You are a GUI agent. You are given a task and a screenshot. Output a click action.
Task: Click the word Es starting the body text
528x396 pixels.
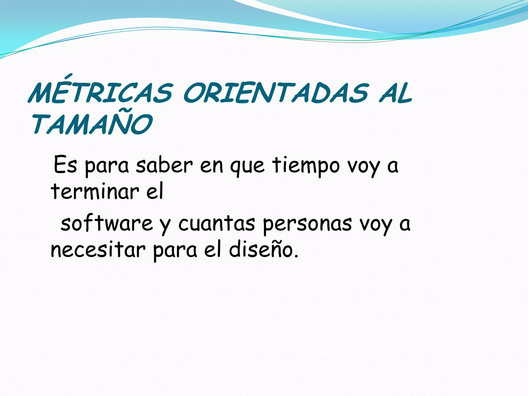pos(65,165)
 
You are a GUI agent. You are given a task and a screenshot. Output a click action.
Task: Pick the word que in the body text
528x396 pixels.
pos(247,166)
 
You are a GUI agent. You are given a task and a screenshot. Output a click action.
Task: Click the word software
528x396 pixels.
pos(107,223)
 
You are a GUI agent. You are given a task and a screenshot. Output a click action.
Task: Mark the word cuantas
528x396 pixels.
pos(217,223)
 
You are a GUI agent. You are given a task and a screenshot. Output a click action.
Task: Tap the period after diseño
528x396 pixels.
pos(296,256)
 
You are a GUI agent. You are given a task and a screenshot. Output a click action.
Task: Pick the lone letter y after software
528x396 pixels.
pos(165,226)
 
